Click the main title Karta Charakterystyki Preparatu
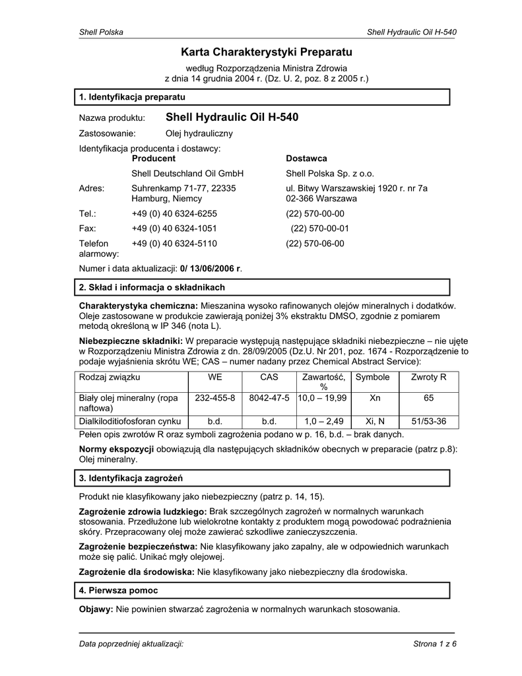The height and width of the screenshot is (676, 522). [x=267, y=51]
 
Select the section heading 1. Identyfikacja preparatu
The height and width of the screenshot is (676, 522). [x=131, y=97]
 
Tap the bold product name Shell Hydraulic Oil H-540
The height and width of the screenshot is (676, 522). [x=232, y=118]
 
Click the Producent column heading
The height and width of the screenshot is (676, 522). [x=154, y=158]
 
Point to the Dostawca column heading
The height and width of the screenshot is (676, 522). [x=306, y=158]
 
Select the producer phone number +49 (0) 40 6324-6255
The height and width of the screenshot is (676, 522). [x=174, y=213]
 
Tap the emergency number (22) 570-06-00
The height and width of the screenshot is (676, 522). [x=315, y=244]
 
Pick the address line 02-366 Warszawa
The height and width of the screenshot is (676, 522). [x=321, y=198]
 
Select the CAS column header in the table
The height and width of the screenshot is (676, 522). [x=269, y=377]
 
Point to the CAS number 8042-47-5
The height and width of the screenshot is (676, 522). [x=269, y=398]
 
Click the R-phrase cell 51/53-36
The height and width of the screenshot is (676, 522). [x=428, y=421]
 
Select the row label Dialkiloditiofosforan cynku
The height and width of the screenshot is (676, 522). [x=130, y=421]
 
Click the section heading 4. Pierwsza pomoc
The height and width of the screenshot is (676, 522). [x=118, y=590]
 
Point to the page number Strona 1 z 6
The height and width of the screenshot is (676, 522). [x=435, y=644]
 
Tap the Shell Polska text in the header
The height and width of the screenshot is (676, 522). [x=101, y=32]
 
